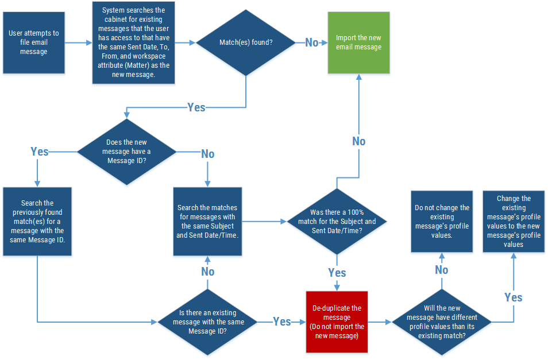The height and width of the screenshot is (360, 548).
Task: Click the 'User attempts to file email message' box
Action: [x=33, y=43]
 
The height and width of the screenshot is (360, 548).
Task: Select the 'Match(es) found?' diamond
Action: [x=246, y=42]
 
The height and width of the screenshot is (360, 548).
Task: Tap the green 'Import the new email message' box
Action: [x=358, y=42]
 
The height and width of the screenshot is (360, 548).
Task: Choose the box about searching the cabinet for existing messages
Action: [x=133, y=42]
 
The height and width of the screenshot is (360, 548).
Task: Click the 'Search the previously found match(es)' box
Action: [x=37, y=221]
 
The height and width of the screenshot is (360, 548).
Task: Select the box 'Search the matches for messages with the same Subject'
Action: [x=207, y=221]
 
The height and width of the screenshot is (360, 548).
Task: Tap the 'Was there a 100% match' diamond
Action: [x=337, y=221]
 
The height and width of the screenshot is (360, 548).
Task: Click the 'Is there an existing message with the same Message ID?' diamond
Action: [x=208, y=322]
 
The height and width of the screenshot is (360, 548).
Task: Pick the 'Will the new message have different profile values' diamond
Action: [x=442, y=322]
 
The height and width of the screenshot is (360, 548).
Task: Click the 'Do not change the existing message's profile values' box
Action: [x=442, y=221]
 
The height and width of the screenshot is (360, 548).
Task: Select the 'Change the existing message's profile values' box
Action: [x=514, y=221]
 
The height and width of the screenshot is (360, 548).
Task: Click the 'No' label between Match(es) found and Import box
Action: [x=312, y=42]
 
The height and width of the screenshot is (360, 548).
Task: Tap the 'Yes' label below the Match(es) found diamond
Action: [x=196, y=107]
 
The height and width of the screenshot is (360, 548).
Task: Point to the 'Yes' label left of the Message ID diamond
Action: [x=39, y=152]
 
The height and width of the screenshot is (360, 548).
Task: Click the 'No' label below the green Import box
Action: [x=358, y=141]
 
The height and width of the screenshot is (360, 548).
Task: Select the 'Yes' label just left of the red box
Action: [x=281, y=322]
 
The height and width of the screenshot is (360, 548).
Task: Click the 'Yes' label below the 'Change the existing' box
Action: [x=514, y=297]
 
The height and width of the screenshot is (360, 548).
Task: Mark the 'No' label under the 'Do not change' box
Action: [x=442, y=270]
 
